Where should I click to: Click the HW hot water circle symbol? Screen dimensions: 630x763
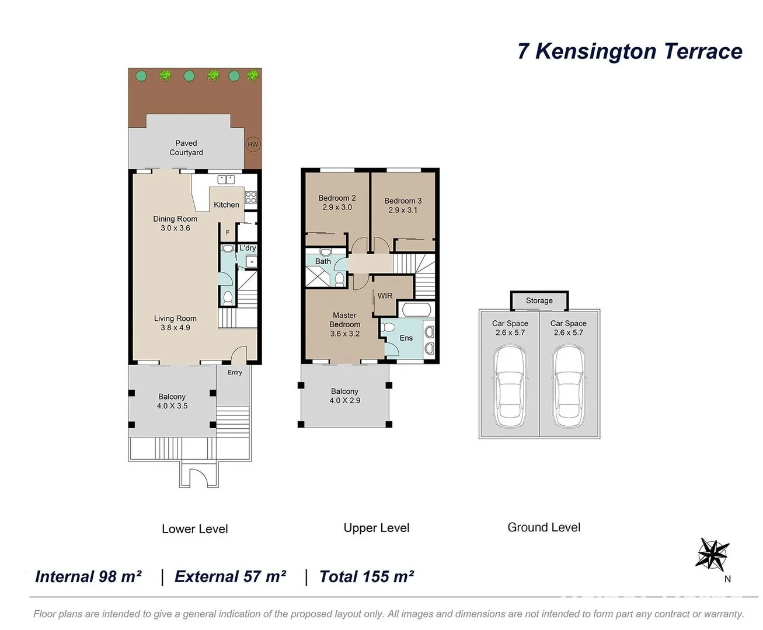pos(252,145)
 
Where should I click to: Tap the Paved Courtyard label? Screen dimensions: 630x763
pos(186,148)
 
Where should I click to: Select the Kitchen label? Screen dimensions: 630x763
pos(227,205)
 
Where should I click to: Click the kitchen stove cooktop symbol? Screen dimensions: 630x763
pos(250,197)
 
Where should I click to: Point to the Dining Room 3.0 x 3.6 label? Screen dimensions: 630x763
pos(175,223)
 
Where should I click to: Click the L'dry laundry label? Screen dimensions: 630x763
pos(248,248)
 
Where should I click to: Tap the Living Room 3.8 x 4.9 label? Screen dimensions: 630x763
pos(175,323)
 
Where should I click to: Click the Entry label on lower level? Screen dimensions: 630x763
pos(235,372)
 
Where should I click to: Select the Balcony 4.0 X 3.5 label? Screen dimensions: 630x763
pos(172,401)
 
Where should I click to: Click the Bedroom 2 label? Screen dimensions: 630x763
pos(337,202)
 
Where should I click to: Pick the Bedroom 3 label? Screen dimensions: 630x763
pos(403,205)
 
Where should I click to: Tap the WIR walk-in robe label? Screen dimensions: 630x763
pos(385,296)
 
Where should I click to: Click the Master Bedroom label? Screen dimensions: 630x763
pos(344,324)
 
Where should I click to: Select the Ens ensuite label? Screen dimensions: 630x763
pos(406,338)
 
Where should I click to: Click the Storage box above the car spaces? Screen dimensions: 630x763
pos(539,301)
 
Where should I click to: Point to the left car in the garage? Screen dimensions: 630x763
pos(510,386)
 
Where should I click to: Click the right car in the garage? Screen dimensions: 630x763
pos(569,386)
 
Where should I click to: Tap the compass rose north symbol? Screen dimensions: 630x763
pos(713,555)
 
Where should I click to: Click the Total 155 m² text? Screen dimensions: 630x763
pos(367,576)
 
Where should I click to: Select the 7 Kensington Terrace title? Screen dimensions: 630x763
pos(629,51)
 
